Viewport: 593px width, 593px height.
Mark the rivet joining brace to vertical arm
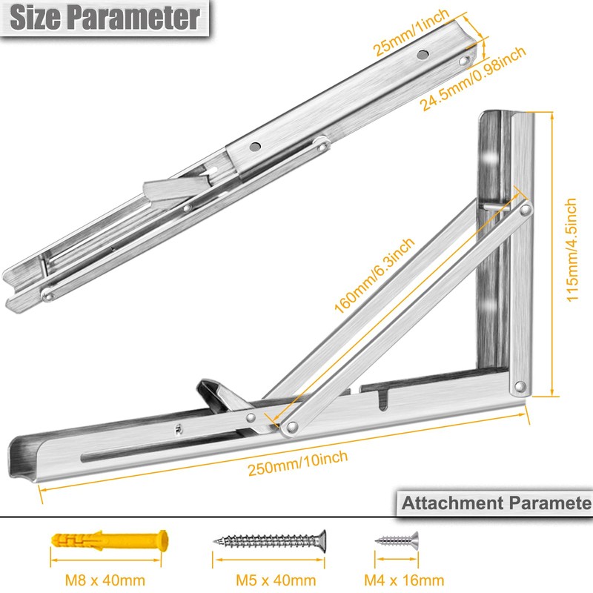pos(524,211)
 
